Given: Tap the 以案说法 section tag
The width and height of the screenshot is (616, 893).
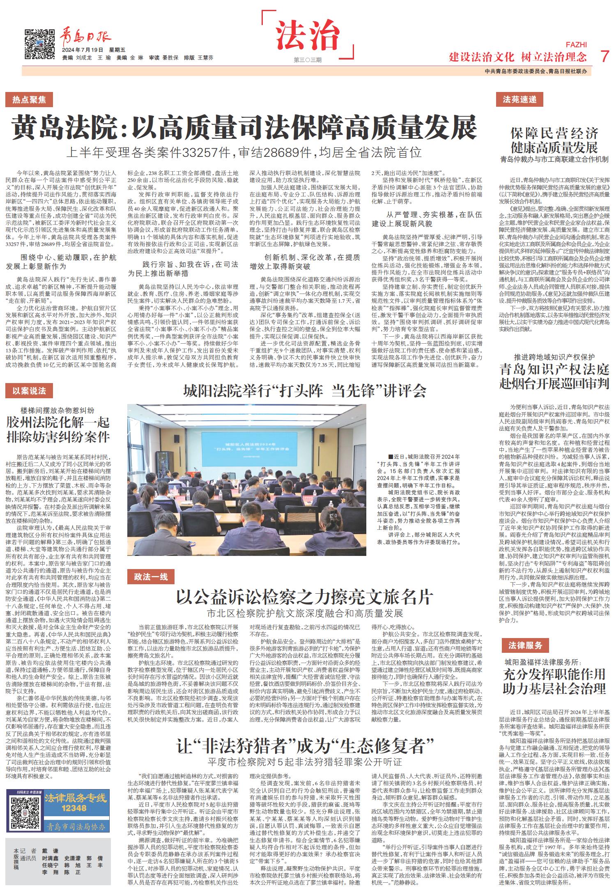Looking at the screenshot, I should [x=29, y=390].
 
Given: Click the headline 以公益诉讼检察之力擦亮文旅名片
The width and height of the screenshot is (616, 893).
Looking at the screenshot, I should [x=305, y=597].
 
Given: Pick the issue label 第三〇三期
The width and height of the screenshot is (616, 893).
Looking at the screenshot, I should [x=308, y=60].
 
